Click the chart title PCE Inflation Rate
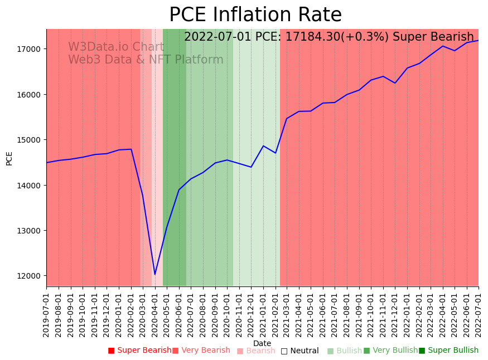point(255,15)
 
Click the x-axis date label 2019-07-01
point(47,315)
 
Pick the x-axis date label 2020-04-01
point(155,315)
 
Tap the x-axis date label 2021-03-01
point(287,315)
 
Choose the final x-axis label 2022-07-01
point(479,315)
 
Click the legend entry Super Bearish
point(140,351)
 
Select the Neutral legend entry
point(300,351)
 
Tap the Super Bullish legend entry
point(449,351)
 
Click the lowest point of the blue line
point(155,274)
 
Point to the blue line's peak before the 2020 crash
point(131,149)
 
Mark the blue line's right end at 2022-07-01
point(478,40)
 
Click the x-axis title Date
point(262,343)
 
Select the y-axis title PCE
point(9,158)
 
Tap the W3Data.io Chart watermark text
point(116,47)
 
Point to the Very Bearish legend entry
point(201,351)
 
